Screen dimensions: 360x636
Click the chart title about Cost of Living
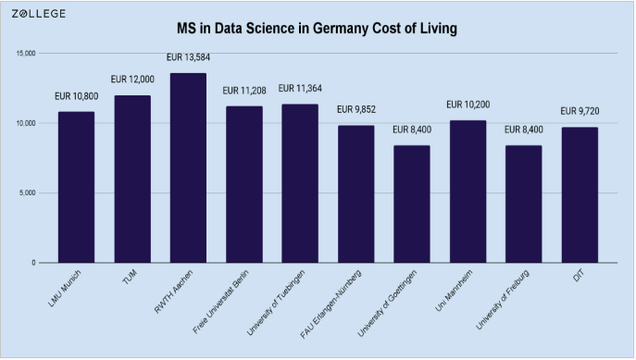coord(318,29)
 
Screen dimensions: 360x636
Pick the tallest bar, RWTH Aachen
coord(188,168)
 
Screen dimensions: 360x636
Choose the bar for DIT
coord(580,194)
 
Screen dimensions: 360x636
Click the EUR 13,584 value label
coord(188,57)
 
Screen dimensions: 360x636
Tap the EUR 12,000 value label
coord(131,80)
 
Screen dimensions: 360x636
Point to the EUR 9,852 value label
coord(355,110)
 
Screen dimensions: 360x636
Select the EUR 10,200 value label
coord(468,105)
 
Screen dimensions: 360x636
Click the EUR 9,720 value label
coord(580,111)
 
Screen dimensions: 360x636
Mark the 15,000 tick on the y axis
coord(24,54)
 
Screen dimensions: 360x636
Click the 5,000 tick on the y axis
coord(26,192)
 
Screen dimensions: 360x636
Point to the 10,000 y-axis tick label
coord(24,123)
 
